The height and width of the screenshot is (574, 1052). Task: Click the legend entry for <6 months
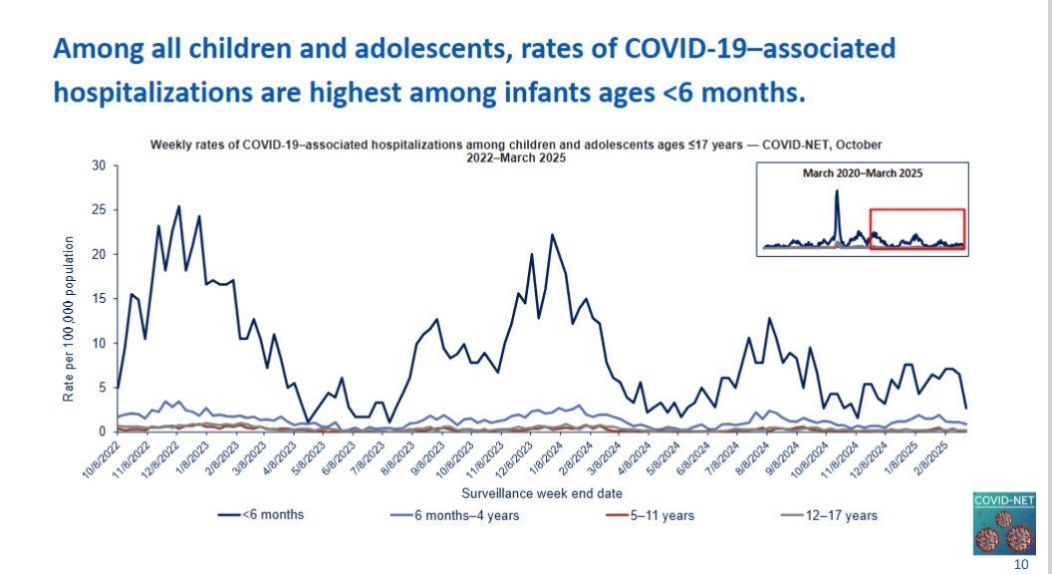[260, 515]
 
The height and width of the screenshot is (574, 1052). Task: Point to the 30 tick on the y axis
[99, 165]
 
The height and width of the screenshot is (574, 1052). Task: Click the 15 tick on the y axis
[99, 299]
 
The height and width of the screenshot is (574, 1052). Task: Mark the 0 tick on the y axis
[102, 431]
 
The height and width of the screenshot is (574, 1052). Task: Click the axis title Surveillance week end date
[530, 493]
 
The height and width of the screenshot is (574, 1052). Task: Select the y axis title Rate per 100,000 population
[69, 319]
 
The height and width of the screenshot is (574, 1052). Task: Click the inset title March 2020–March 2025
[863, 172]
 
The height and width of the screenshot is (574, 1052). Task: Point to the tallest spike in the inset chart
[837, 191]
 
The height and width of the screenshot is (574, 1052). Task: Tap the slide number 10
[1020, 565]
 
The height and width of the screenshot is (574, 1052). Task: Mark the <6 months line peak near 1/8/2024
[552, 235]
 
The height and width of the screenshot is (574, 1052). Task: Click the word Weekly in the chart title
[169, 144]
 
